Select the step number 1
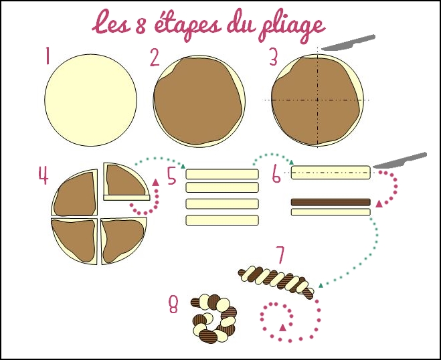48,56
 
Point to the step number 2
155,58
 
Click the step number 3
273,58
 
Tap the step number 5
172,176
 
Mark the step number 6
276,175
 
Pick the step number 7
280,255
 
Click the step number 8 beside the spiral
173,306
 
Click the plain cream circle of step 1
90,100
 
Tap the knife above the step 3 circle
347,42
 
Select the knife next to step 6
400,161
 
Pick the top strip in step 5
222,174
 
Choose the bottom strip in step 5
222,220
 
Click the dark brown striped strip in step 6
331,202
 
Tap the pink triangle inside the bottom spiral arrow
282,327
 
